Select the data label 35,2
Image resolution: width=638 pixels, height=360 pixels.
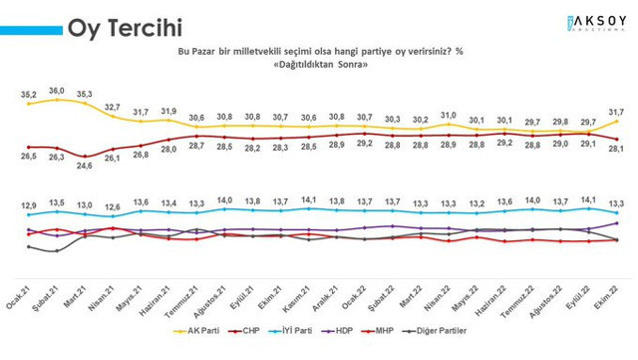pyautogui.click(x=30, y=94)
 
